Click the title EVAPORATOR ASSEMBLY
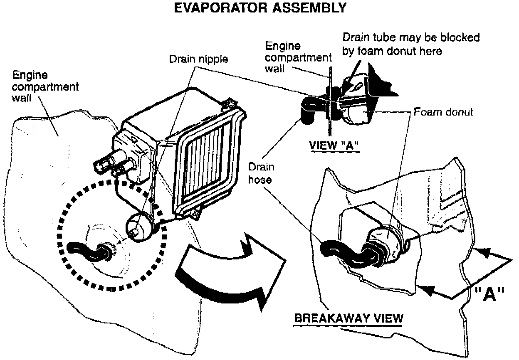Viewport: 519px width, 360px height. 260,8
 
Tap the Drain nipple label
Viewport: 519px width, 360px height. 198,59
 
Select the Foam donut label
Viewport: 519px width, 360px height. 443,112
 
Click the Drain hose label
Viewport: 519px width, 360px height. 261,173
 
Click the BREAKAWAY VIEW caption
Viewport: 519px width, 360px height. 348,318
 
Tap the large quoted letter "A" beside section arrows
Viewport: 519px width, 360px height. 489,294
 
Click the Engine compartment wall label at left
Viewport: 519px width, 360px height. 45,86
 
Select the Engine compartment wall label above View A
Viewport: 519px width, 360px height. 298,57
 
